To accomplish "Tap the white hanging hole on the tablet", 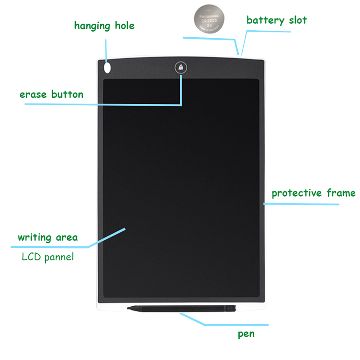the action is click(x=107, y=67).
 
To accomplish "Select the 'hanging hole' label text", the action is click(x=104, y=25).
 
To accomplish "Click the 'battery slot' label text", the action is click(x=277, y=20).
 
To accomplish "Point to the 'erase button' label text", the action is click(x=52, y=94).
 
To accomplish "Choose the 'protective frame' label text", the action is click(x=313, y=193).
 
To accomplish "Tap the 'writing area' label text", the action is click(x=48, y=237).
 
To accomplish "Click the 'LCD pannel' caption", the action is click(x=48, y=257).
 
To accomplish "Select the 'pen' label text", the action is click(x=246, y=334).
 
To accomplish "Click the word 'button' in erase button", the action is click(x=68, y=94).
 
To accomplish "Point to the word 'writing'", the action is click(x=35, y=237).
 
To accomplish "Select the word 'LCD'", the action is click(x=30, y=257).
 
